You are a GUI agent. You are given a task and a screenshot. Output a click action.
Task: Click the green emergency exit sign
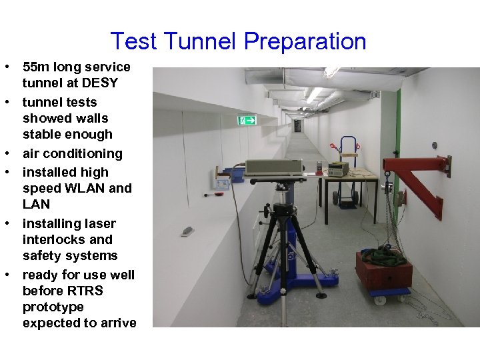pos(247,120)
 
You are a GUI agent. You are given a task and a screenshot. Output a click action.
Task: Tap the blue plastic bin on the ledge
pos(234,175)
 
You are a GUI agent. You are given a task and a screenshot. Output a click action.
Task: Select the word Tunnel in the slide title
pos(202,41)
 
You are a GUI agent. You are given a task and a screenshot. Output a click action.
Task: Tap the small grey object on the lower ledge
pos(188,231)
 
